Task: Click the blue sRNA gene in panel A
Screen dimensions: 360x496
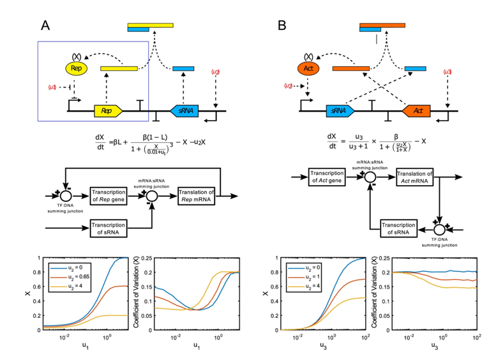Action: pyautogui.click(x=184, y=110)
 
